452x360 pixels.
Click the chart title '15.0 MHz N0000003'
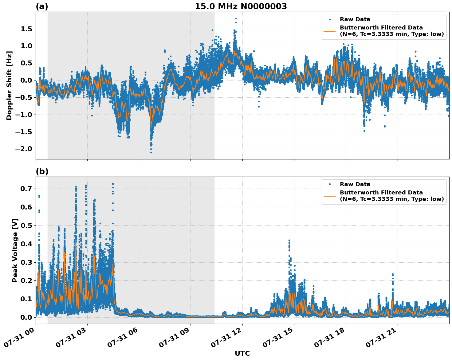241,6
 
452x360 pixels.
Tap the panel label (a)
42,6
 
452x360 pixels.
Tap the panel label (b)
42,171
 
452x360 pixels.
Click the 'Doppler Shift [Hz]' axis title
9,85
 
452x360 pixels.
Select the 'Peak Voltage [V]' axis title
15,250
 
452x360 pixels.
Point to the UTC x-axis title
242,353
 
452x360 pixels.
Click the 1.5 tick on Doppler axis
28,29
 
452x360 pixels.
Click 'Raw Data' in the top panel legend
355,19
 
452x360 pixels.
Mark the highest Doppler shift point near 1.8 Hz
236,19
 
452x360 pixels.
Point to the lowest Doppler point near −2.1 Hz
151,152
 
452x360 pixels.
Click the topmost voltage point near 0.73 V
113,184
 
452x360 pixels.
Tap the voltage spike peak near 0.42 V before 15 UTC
289,241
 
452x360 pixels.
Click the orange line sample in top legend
330,31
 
